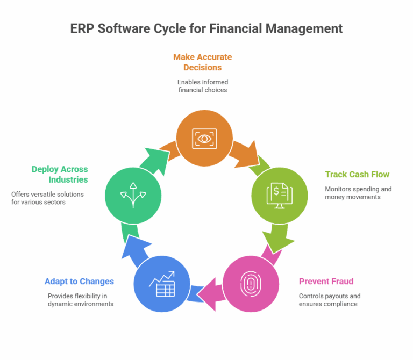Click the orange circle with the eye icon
click(x=205, y=138)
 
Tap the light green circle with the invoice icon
click(x=280, y=193)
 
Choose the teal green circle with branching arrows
click(x=133, y=193)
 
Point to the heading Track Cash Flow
click(x=357, y=175)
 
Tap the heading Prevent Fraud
click(x=326, y=282)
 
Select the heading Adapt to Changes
click(x=80, y=282)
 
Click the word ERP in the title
click(x=82, y=28)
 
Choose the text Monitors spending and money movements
click(x=358, y=193)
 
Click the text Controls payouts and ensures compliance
click(x=330, y=300)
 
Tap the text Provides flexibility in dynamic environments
click(x=81, y=300)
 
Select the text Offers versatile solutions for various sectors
click(x=47, y=198)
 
